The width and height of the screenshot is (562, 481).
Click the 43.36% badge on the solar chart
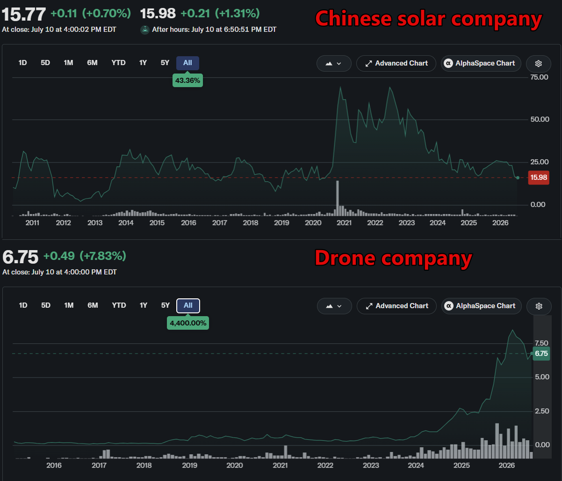pyautogui.click(x=187, y=81)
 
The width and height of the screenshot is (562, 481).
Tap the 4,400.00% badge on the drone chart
pyautogui.click(x=188, y=323)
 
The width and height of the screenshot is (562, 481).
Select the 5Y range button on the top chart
pyautogui.click(x=165, y=63)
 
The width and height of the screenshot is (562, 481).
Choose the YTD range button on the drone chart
pyautogui.click(x=119, y=305)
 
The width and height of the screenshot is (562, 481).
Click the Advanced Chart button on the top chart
pyautogui.click(x=396, y=63)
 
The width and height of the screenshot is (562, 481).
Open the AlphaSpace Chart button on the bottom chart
pyautogui.click(x=481, y=306)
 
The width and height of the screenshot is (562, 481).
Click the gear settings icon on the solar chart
pyautogui.click(x=538, y=63)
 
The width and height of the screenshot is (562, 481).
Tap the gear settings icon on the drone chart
pyautogui.click(x=539, y=306)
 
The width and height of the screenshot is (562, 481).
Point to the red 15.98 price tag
pyautogui.click(x=539, y=178)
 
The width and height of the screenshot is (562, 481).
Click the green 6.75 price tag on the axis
pyautogui.click(x=541, y=354)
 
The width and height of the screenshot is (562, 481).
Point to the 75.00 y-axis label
pyautogui.click(x=539, y=77)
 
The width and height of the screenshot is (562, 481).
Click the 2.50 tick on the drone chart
pyautogui.click(x=542, y=411)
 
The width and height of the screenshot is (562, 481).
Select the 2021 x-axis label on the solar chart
pyautogui.click(x=344, y=223)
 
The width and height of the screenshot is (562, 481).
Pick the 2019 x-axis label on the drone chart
pyautogui.click(x=189, y=465)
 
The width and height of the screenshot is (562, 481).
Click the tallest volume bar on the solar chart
pyautogui.click(x=338, y=198)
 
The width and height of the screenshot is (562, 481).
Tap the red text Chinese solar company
pyautogui.click(x=428, y=19)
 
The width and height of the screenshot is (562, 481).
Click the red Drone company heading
pyautogui.click(x=393, y=258)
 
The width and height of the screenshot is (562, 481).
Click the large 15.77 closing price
pyautogui.click(x=24, y=14)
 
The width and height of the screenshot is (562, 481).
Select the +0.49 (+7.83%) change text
pyautogui.click(x=85, y=256)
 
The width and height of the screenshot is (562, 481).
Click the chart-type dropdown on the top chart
pyautogui.click(x=334, y=63)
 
